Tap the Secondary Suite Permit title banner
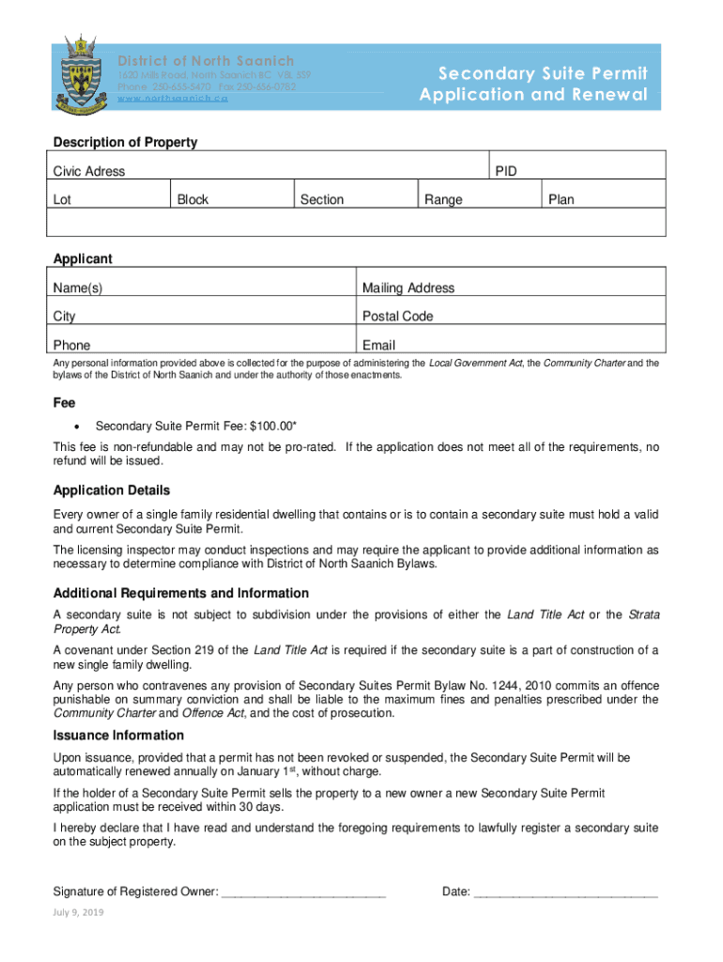[533, 84]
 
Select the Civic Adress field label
[89, 171]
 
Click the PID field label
[505, 171]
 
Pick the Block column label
[192, 199]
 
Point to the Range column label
[443, 199]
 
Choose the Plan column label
[561, 199]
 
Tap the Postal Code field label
[397, 316]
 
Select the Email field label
[378, 345]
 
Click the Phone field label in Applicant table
[72, 345]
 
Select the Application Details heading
[112, 490]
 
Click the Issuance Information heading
[118, 735]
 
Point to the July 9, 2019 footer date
[79, 913]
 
